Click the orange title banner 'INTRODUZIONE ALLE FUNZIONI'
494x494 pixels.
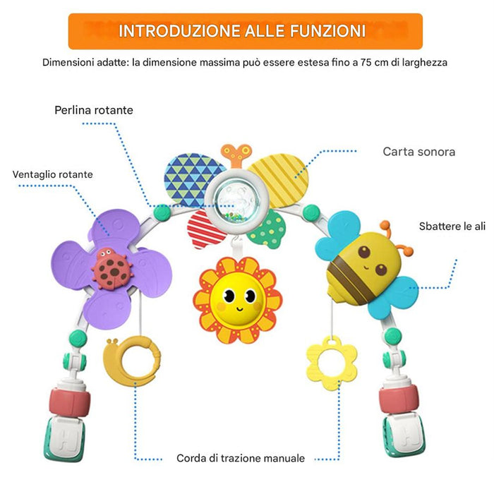(242, 31)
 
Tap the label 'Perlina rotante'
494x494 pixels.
(94, 110)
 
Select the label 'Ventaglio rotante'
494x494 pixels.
(52, 174)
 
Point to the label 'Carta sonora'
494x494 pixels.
(418, 152)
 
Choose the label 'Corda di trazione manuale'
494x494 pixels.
(241, 458)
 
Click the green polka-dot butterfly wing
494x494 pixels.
(269, 229)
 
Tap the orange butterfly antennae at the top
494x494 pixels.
(236, 153)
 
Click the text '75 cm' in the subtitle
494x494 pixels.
(373, 62)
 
